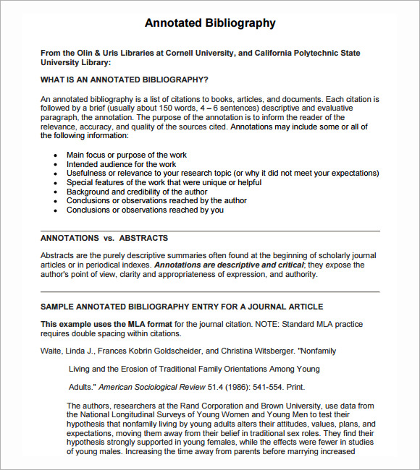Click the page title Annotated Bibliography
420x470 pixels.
[x=210, y=23]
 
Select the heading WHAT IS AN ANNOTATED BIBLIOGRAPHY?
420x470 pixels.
[x=125, y=80]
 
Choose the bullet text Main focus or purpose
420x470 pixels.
[x=126, y=155]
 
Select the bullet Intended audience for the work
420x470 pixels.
[x=121, y=164]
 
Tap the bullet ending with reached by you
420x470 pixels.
[x=145, y=210]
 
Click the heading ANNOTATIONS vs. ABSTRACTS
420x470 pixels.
[x=104, y=238]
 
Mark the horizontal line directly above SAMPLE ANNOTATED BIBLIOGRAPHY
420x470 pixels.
[x=210, y=292]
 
